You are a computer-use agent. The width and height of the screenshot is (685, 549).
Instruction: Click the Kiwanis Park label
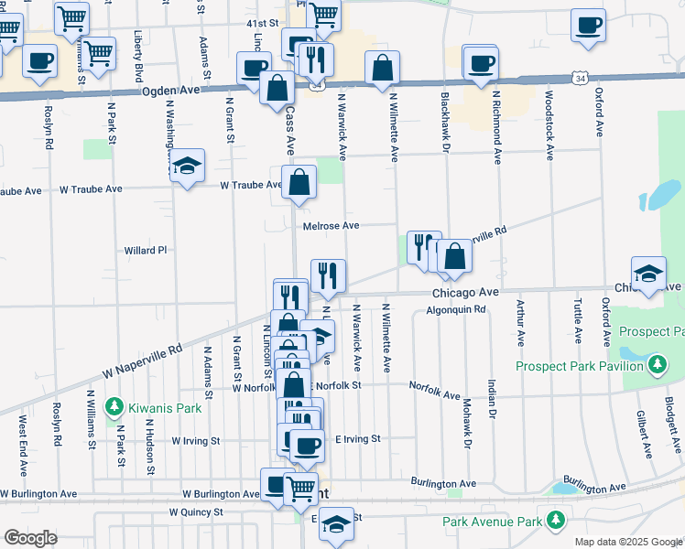pos(153,404)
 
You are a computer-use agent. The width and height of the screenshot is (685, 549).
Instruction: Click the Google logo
pos(30,537)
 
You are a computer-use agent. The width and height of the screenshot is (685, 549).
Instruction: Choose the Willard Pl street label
pos(146,249)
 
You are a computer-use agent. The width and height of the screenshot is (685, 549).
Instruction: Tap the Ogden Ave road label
pos(170,91)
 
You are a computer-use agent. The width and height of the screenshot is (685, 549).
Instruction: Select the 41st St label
pos(261,23)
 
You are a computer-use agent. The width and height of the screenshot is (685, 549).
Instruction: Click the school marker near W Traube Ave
pos(187,167)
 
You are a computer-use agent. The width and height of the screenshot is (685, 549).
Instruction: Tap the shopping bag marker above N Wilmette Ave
pos(382,69)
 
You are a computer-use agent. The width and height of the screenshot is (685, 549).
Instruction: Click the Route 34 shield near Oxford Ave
pos(580,80)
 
